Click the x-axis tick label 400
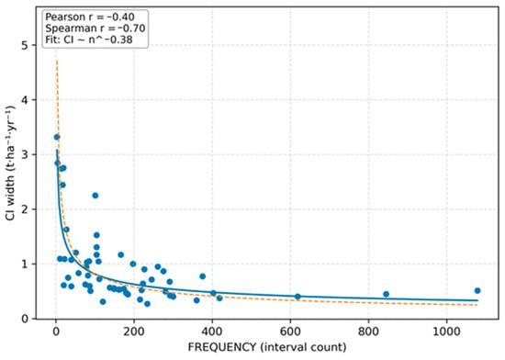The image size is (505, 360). click(212, 332)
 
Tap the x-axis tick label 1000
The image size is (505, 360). click(447, 332)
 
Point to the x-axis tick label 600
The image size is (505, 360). click(290, 332)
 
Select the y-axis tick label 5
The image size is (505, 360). click(25, 45)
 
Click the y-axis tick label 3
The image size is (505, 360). click(25, 154)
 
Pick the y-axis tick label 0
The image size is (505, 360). click(25, 319)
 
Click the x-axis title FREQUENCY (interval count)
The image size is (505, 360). click(267, 347)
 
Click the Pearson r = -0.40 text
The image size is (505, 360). click(90, 17)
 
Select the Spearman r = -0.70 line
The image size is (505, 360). click(95, 28)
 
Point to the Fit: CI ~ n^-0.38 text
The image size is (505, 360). click(89, 39)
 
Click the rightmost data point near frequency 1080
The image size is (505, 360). click(477, 291)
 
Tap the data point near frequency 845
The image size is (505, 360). click(387, 294)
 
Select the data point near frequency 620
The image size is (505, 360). click(297, 297)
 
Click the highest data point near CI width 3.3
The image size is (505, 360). click(57, 137)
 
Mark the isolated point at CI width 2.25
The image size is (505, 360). click(95, 196)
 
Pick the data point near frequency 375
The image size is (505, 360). click(203, 276)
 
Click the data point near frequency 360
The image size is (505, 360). click(196, 300)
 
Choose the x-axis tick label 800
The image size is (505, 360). click(368, 332)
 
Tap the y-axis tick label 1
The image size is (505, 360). click(25, 264)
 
